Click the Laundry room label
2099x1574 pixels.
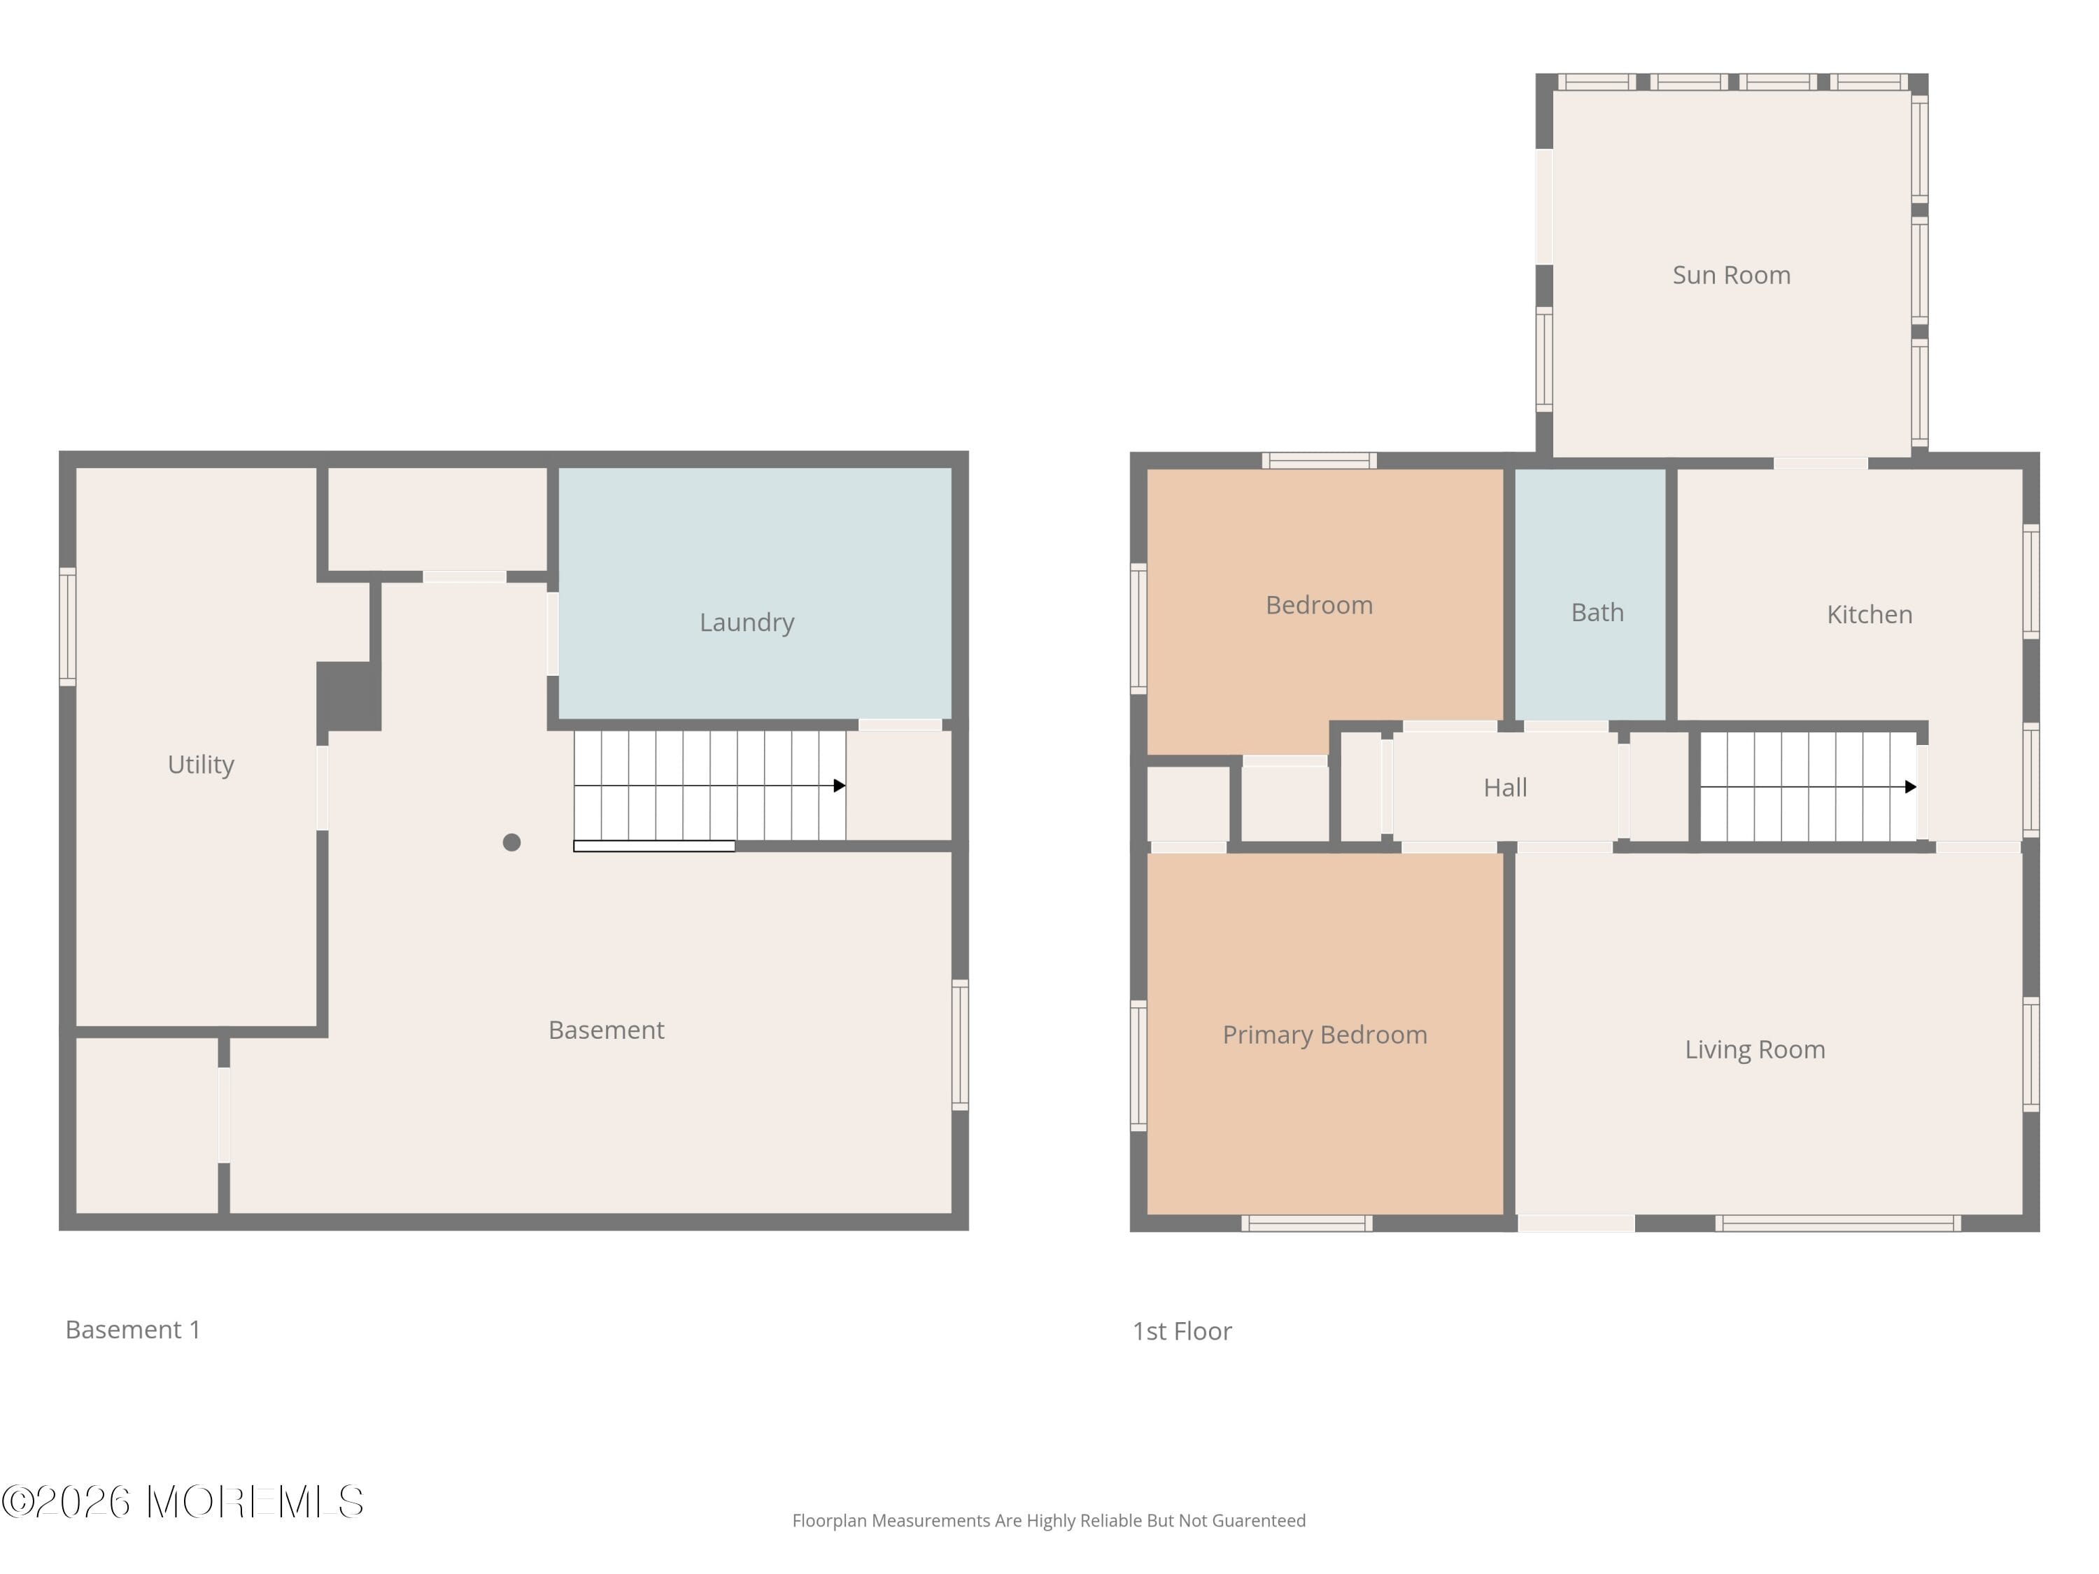point(747,623)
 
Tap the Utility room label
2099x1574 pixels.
point(200,764)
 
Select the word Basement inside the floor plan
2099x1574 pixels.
point(607,1030)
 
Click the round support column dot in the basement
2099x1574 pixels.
point(511,842)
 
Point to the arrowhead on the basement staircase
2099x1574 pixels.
point(839,786)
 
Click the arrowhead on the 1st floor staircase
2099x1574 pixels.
point(1910,786)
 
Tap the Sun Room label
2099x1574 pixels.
point(1731,275)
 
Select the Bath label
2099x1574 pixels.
point(1597,612)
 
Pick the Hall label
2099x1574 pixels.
point(1505,788)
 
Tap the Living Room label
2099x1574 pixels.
point(1755,1049)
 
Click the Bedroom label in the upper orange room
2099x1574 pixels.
point(1319,605)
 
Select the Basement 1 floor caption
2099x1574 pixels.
point(133,1329)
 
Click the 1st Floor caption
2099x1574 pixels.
point(1182,1331)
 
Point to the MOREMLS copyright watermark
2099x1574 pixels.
point(182,1502)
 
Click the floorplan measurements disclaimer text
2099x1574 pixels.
point(1049,1521)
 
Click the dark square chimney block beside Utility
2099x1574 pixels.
point(348,695)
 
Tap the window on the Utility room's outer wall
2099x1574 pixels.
point(67,626)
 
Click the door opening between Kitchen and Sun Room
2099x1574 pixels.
point(1820,463)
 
